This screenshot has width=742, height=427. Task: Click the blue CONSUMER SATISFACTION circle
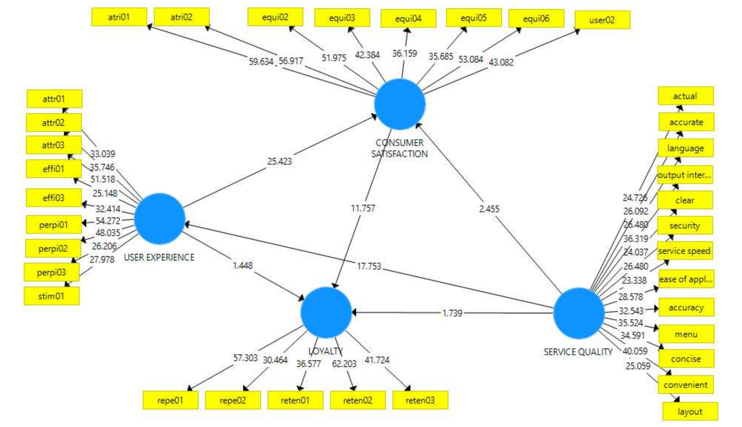point(400,104)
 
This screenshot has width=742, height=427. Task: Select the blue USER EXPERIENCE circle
point(160,219)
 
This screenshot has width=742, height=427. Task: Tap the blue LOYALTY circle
point(326,312)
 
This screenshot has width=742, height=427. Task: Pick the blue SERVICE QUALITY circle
point(579,313)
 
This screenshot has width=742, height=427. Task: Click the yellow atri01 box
point(119,17)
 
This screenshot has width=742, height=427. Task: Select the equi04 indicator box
point(408,18)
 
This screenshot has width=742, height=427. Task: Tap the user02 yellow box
point(602,20)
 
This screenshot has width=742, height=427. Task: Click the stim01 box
point(51,296)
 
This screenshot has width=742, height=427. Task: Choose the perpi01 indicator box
point(54,225)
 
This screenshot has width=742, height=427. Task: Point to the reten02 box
point(357,400)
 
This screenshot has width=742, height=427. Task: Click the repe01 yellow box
point(170,400)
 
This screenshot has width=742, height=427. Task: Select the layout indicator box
point(690,411)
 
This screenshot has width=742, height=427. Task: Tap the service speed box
point(684,251)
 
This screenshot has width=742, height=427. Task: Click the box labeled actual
point(685,96)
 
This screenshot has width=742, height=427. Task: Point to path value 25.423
point(279,161)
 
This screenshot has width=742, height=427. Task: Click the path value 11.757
point(363,208)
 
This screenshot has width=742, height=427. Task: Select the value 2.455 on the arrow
point(489,209)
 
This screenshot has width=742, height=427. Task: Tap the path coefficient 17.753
point(369,266)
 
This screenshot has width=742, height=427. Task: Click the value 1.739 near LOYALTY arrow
point(452,313)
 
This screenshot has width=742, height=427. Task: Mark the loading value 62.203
point(344,364)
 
